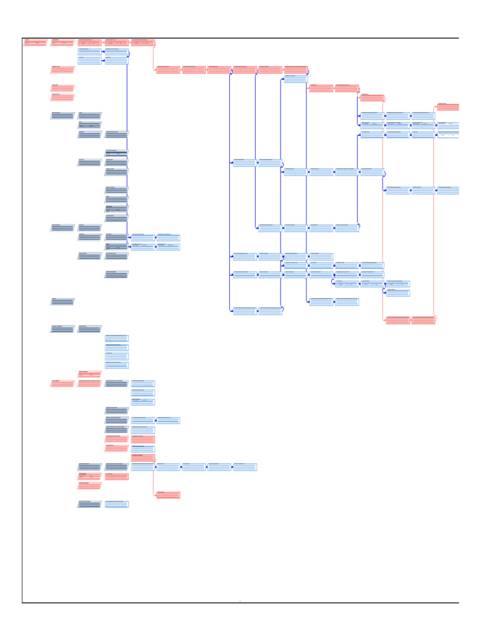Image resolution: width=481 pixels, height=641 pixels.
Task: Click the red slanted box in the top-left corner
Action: click(x=36, y=43)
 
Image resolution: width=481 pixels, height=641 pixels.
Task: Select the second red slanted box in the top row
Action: click(x=63, y=43)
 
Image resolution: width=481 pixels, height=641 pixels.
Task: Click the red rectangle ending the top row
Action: click(x=143, y=43)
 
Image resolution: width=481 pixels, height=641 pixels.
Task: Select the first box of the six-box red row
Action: click(x=168, y=69)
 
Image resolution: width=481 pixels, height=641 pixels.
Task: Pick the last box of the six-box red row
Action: click(x=296, y=69)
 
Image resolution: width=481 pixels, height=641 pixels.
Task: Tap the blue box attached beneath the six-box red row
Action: click(x=295, y=79)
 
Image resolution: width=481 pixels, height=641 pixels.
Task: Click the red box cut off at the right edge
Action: click(x=448, y=107)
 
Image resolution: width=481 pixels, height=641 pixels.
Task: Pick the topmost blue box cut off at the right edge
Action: click(x=448, y=125)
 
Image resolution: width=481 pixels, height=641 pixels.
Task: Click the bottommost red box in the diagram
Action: click(x=168, y=495)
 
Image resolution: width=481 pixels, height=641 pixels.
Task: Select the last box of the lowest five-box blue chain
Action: click(x=245, y=467)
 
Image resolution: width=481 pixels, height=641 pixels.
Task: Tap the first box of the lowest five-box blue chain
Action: click(x=143, y=467)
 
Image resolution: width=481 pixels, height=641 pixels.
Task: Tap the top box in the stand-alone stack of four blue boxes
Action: click(x=116, y=338)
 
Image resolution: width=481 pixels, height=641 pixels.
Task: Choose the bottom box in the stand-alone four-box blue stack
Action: click(x=116, y=365)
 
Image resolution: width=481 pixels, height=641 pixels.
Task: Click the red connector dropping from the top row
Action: click(x=153, y=56)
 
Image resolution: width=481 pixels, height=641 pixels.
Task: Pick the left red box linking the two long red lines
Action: click(x=398, y=320)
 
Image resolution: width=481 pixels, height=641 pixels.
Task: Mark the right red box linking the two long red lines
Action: click(x=423, y=320)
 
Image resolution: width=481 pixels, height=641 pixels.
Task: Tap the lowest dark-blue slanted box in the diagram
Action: click(x=90, y=504)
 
